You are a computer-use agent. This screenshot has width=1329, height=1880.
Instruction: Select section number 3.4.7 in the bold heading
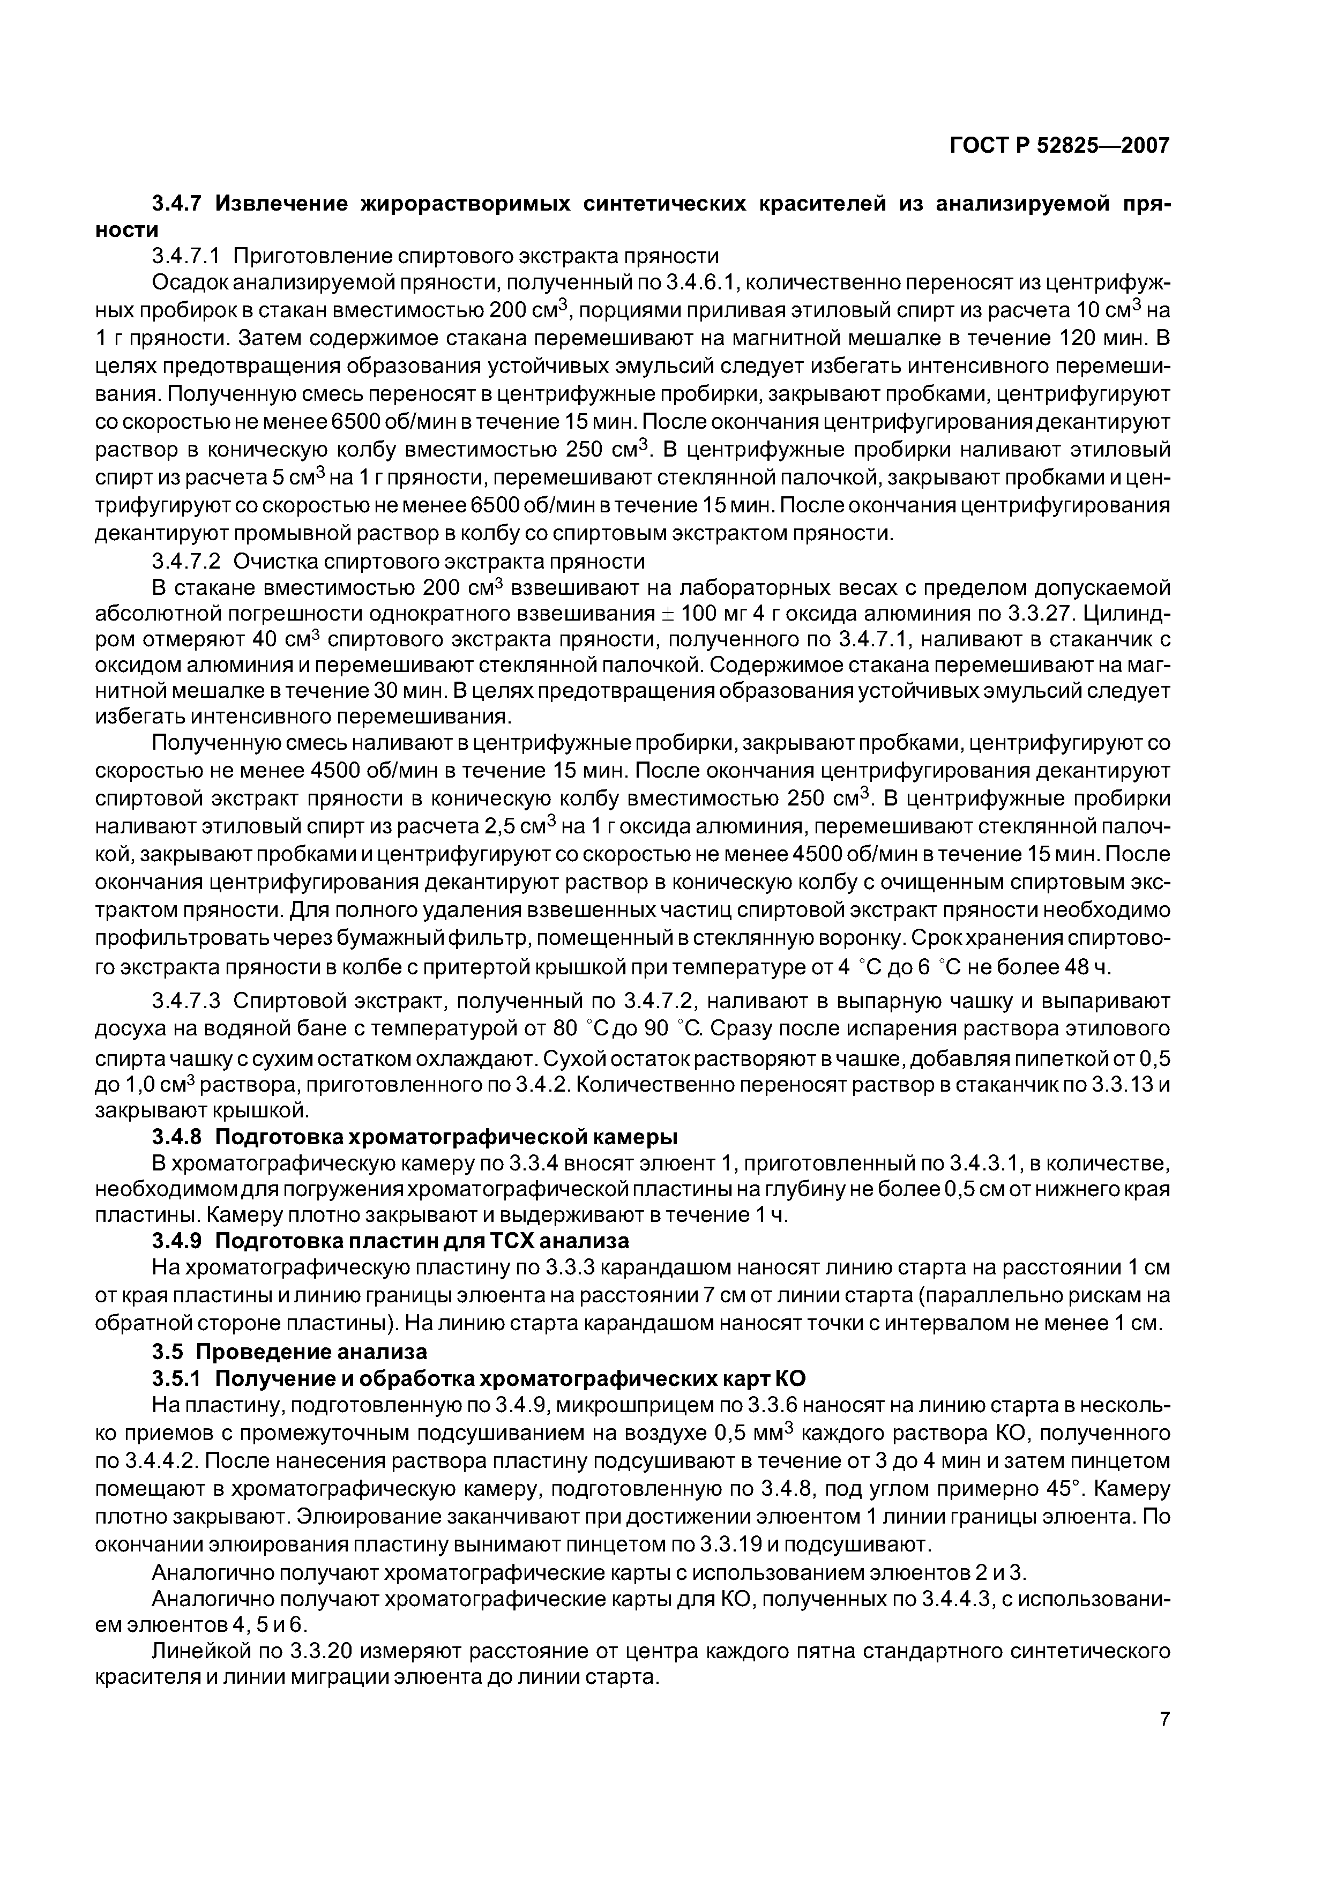click(x=178, y=203)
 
